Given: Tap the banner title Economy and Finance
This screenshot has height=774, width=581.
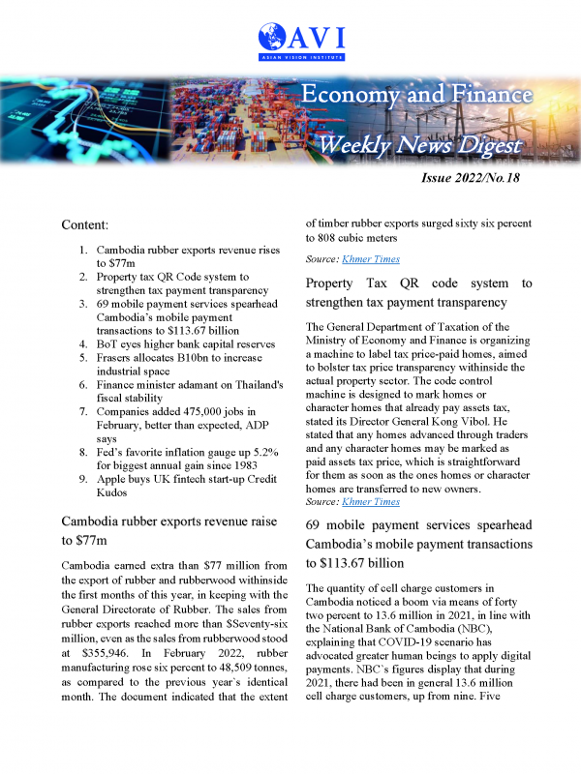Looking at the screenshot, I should [x=415, y=95].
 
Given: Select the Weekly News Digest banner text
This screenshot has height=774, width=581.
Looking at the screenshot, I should [x=420, y=146].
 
